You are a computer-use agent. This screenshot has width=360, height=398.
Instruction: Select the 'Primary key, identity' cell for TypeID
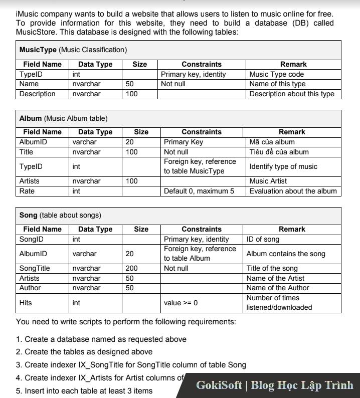[194, 74]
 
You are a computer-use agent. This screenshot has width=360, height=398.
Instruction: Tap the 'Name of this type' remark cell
[277, 84]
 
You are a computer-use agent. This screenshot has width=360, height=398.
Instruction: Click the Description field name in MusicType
[38, 94]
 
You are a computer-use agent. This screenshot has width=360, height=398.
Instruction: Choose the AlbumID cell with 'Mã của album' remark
[33, 142]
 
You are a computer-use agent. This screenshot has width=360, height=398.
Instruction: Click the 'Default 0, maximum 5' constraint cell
[199, 191]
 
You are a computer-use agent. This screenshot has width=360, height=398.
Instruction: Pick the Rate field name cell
[27, 191]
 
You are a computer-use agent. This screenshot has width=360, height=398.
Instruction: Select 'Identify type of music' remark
[283, 166]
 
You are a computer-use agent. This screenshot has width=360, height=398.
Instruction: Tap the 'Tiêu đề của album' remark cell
[279, 152]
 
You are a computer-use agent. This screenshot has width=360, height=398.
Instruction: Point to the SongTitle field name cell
[35, 268]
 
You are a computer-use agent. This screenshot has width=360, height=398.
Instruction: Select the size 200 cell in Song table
[132, 268]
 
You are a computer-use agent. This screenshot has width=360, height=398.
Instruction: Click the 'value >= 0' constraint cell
[181, 303]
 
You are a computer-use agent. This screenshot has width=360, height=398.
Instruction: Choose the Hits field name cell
[26, 303]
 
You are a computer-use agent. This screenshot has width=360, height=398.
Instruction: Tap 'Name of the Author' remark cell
[278, 288]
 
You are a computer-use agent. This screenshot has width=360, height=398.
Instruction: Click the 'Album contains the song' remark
[286, 254]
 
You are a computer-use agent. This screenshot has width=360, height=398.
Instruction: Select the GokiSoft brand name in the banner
[219, 385]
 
